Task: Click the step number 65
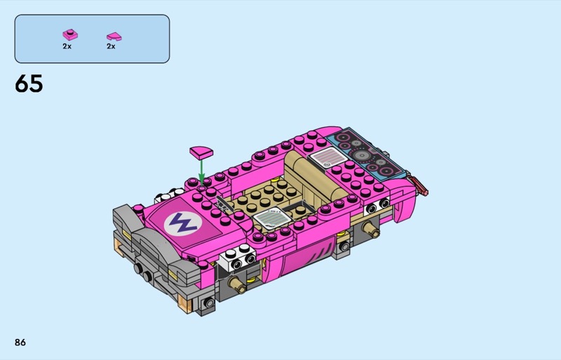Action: [x=29, y=84]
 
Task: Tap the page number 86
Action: [x=20, y=342]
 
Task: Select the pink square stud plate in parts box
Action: [x=70, y=35]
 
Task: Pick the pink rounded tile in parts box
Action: [x=114, y=36]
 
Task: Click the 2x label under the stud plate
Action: [x=67, y=46]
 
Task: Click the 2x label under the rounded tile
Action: [x=111, y=46]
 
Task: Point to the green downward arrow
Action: [x=201, y=173]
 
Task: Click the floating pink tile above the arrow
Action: [x=201, y=152]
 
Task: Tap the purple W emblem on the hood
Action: [x=183, y=224]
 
